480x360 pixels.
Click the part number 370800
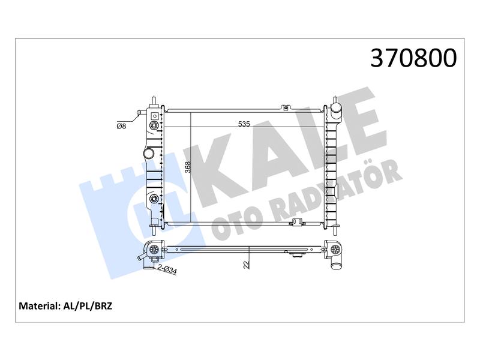point(413,58)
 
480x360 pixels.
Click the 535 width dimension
point(244,124)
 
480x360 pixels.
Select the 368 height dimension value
point(188,167)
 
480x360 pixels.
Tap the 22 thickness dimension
point(247,265)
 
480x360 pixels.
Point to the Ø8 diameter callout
point(121,126)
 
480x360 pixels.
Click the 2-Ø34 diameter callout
point(167,269)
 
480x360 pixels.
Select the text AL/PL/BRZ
point(88,306)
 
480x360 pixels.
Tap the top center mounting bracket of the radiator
point(286,107)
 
